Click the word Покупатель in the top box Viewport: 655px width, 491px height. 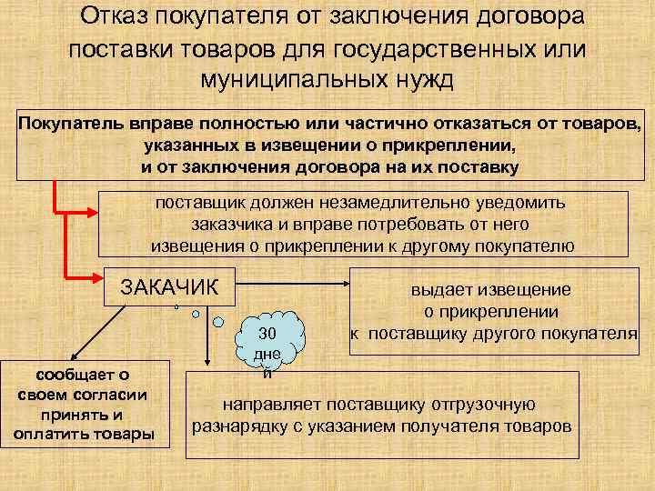tap(73, 124)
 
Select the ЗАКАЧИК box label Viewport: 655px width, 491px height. tap(170, 288)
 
